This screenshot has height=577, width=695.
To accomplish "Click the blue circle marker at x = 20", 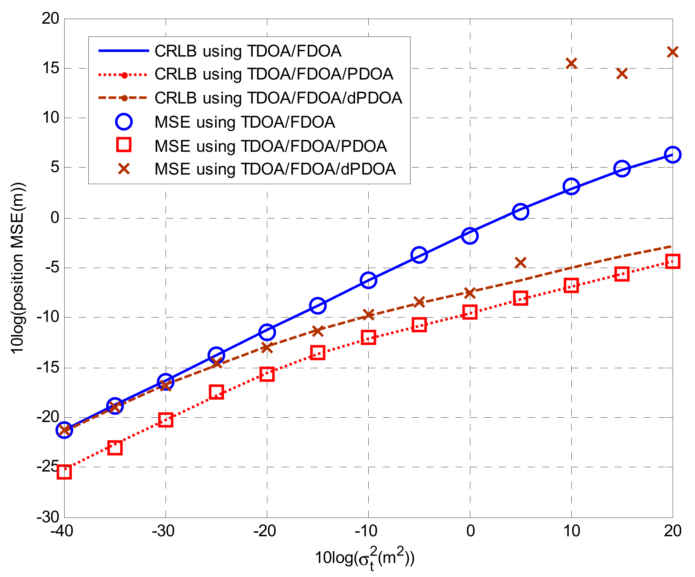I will tap(672, 155).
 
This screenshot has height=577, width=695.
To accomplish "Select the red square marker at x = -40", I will tap(64, 472).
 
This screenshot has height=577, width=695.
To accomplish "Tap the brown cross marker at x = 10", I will tap(571, 63).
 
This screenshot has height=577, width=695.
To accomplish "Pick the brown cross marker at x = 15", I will tap(622, 74).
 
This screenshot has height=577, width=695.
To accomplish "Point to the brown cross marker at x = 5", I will tap(521, 263).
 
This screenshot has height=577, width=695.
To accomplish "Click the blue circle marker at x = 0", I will tap(470, 236).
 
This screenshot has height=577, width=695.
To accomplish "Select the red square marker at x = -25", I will tap(217, 392).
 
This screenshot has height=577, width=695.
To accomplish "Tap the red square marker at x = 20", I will tap(672, 261).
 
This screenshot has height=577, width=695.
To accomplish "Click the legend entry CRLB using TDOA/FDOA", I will tap(248, 51).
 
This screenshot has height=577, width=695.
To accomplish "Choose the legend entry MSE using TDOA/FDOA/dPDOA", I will tap(275, 169).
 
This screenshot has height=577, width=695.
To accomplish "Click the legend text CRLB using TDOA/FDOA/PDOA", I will tap(273, 74).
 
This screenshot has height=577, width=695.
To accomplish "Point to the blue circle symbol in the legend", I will tap(124, 122).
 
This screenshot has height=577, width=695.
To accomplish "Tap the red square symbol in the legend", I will tap(124, 145).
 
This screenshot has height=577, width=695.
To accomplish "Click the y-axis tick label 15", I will tap(51, 68).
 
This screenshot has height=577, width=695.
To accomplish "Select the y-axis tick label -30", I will tap(48, 517).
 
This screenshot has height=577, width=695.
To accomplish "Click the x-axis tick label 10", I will tap(571, 531).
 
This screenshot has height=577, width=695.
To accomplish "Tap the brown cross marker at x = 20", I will tap(672, 52).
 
